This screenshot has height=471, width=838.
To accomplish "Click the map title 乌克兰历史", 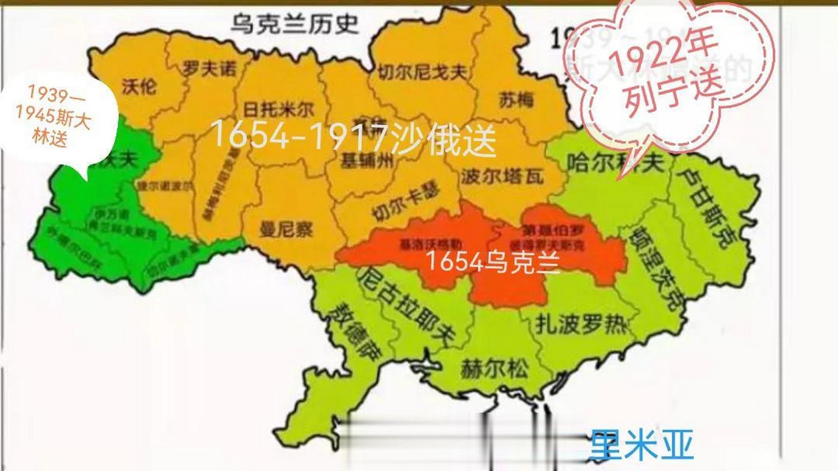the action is click(294, 24).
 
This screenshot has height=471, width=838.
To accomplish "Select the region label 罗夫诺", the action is click(209, 69).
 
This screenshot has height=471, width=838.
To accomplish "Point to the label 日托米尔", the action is click(279, 109).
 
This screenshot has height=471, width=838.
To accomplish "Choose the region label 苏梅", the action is click(516, 100).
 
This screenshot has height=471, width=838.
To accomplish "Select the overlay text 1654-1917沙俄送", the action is click(353, 139).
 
